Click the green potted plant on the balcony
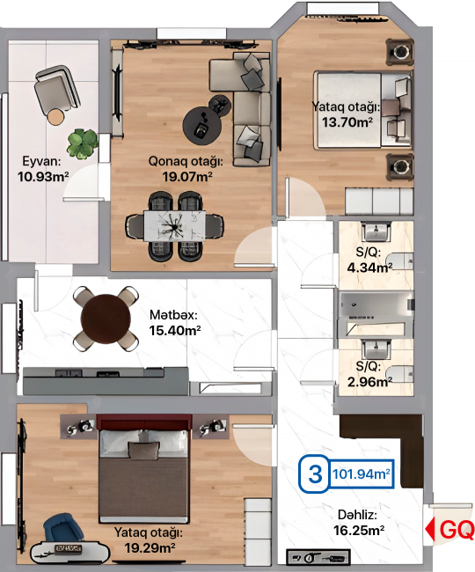[82, 143]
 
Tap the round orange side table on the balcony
[55, 117]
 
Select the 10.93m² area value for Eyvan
[43, 177]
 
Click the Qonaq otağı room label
[186, 161]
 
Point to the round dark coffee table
[202, 126]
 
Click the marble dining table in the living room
[174, 226]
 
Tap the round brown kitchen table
[106, 319]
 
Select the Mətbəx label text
[173, 314]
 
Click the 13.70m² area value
[347, 122]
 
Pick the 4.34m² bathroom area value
[369, 268]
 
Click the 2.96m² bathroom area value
[369, 382]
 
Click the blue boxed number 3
[315, 474]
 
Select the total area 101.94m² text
[362, 474]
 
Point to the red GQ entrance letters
[457, 530]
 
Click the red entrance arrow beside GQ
[430, 529]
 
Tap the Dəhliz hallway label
[357, 515]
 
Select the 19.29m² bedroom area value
[150, 547]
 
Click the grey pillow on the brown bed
[144, 451]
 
